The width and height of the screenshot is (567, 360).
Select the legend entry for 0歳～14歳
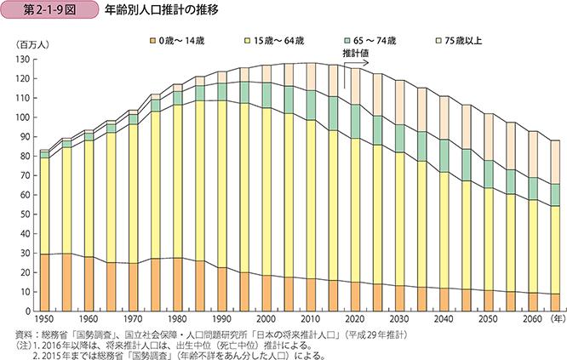click(x=180, y=41)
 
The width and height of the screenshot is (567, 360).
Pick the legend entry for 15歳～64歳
click(x=278, y=41)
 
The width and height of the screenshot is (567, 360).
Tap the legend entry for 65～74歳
click(x=375, y=41)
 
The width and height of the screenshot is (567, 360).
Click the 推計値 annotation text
click(x=357, y=53)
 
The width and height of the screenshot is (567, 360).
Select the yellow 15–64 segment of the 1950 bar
click(x=44, y=205)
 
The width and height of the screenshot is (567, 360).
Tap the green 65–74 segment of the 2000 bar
click(x=266, y=95)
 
